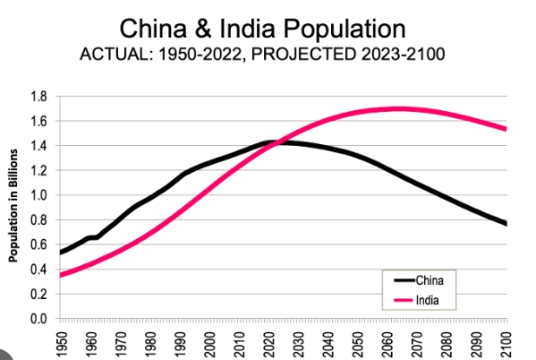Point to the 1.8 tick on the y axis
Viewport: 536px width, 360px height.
38,96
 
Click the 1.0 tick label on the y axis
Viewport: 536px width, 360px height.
38,195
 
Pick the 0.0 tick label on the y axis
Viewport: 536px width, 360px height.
38,319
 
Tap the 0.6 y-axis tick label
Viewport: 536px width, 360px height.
38,244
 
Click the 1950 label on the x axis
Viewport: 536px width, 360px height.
62,341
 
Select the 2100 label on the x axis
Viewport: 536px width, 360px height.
506,341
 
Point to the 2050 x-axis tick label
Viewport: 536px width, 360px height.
358,341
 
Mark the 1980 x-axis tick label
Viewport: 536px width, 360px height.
150,341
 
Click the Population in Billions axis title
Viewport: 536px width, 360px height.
13,206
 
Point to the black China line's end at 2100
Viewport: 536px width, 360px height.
506,223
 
